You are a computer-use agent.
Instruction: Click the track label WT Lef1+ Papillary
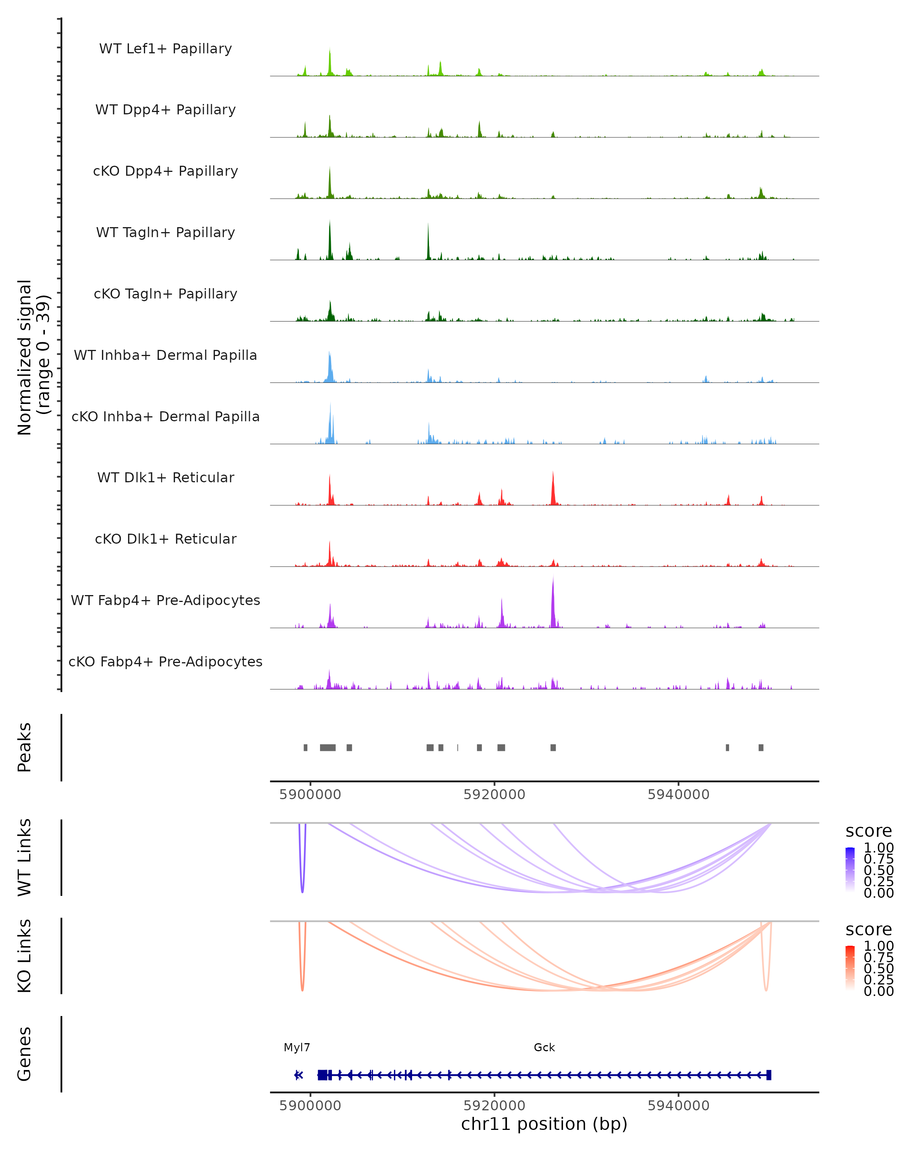pos(165,49)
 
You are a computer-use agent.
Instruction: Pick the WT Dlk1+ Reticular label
pos(165,477)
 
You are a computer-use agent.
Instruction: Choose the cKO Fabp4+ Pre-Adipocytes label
pos(165,661)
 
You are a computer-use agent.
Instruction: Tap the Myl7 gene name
pos(297,1047)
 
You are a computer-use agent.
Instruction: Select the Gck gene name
pos(544,1047)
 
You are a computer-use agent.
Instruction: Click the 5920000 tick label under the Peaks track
pos(494,795)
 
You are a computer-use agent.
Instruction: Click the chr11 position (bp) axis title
pos(544,1124)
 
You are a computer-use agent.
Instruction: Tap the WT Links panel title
pos(25,857)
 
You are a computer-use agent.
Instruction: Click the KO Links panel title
pos(25,956)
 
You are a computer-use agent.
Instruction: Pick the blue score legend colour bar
pos(850,870)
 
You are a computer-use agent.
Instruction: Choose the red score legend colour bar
pos(850,968)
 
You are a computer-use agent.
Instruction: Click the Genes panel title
pos(25,1054)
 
